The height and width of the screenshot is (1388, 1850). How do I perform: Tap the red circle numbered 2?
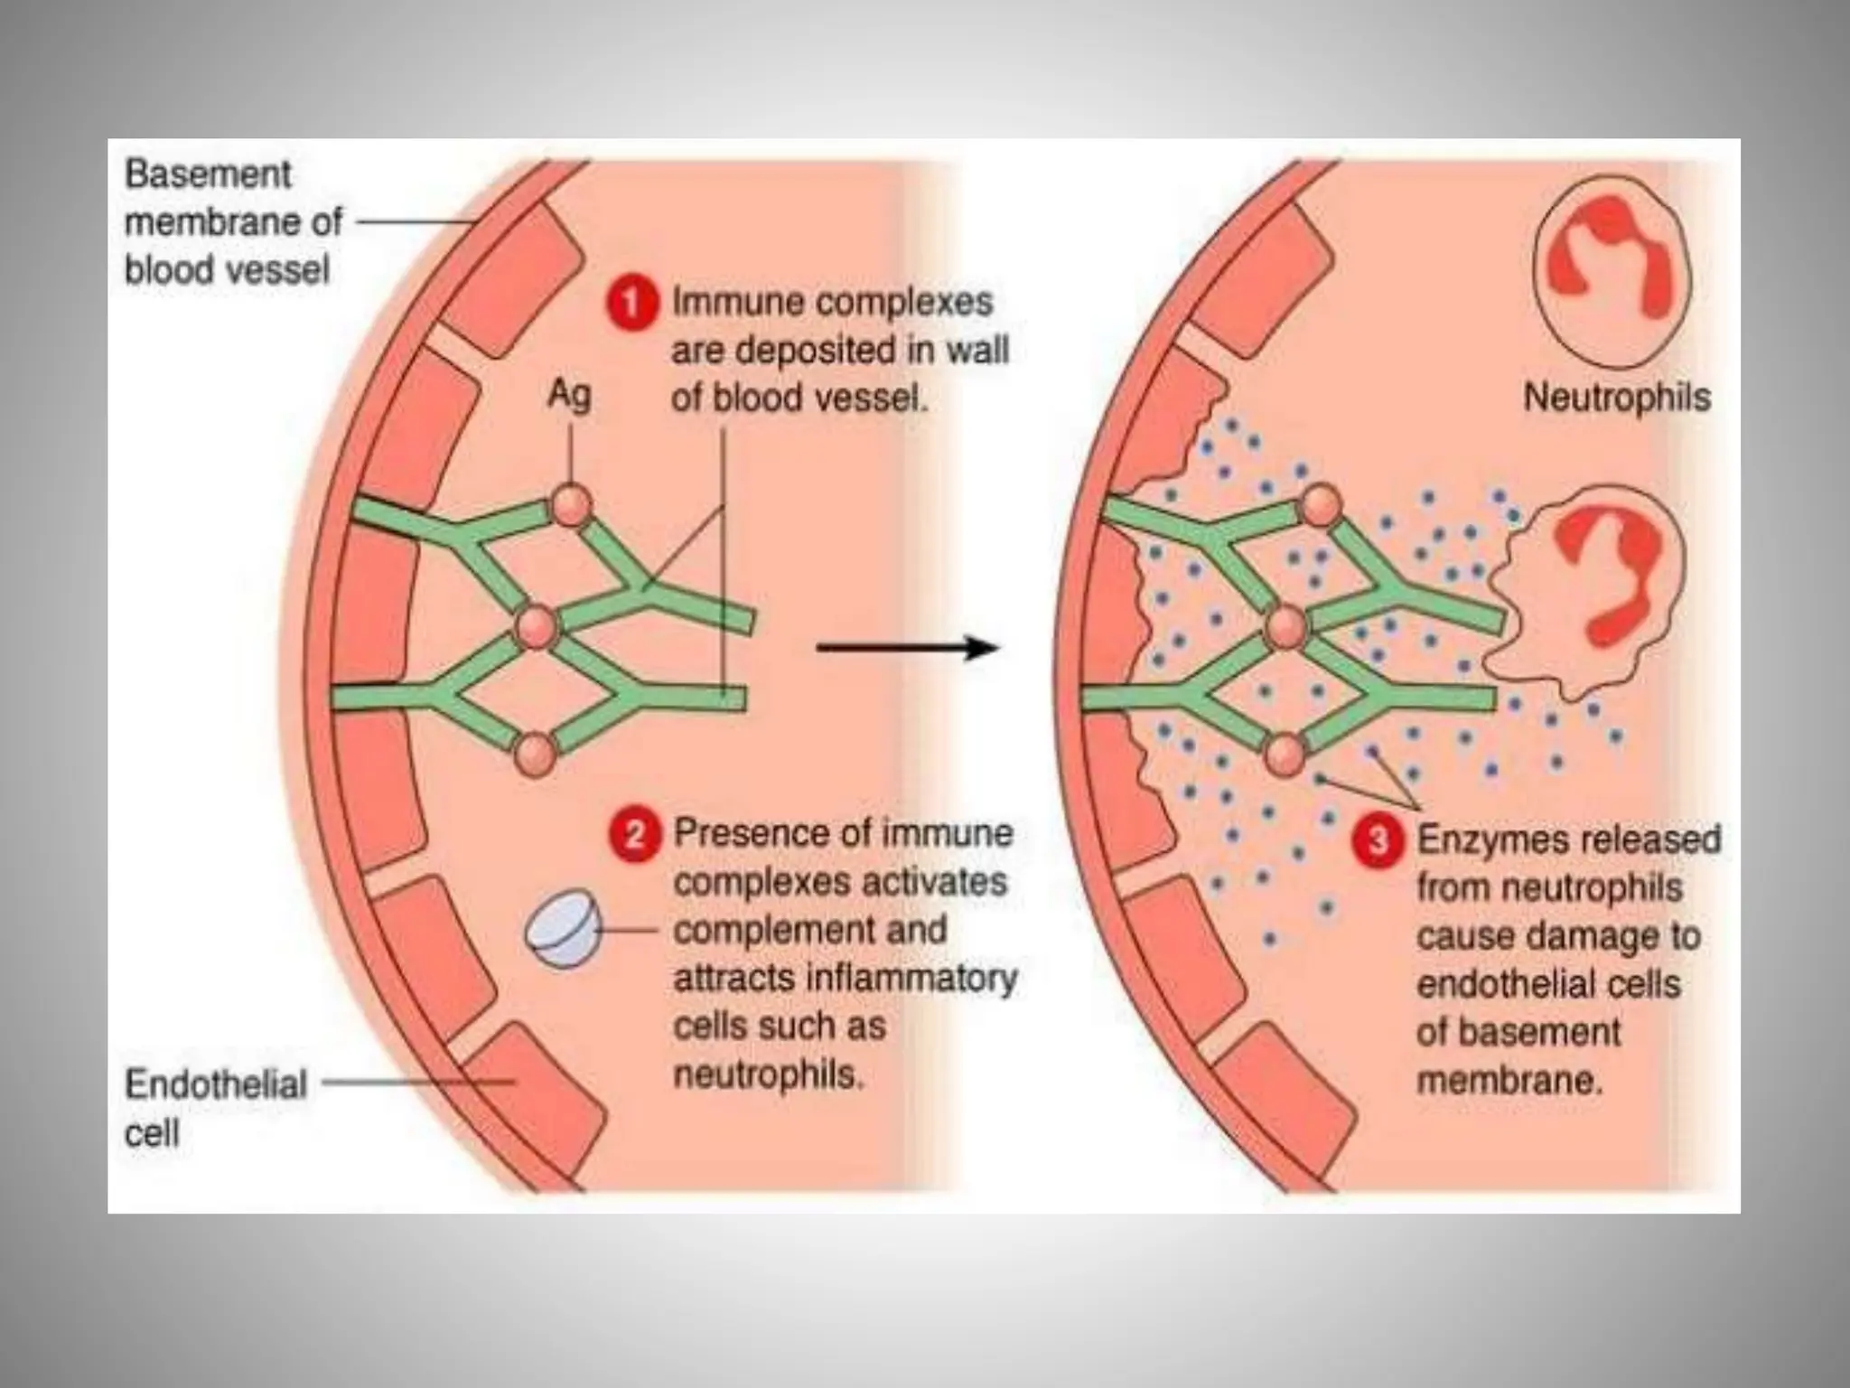pos(634,833)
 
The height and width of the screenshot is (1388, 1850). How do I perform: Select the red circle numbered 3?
pos(1377,840)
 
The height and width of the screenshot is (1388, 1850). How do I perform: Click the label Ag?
pos(570,394)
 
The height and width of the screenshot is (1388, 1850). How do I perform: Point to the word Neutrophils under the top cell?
pos(1617,398)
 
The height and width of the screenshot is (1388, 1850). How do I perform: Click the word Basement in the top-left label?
pos(209,174)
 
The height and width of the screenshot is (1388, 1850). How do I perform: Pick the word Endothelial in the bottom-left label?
pos(216,1084)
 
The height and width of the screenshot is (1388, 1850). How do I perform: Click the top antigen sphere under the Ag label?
pos(571,506)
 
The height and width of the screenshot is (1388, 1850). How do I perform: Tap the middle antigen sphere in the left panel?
pos(536,627)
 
